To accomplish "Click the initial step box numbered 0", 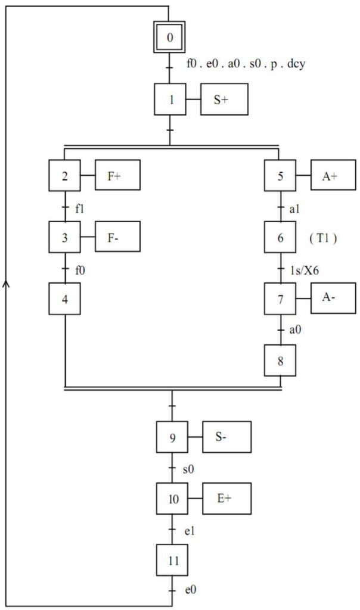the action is [x=169, y=37].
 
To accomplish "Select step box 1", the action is [x=170, y=99].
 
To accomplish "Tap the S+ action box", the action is [x=224, y=99].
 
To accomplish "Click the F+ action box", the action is [x=117, y=175].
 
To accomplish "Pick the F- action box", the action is [x=117, y=236].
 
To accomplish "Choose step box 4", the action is [x=64, y=299].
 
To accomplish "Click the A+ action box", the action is [x=333, y=175].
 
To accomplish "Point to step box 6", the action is [x=280, y=237].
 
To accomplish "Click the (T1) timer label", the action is [x=323, y=238].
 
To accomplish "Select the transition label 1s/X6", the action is [x=304, y=270].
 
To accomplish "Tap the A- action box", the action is [x=333, y=298].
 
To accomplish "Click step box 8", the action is [x=280, y=360].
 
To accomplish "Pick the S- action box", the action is [x=226, y=437].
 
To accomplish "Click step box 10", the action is [x=172, y=499].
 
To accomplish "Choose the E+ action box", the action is [x=226, y=499].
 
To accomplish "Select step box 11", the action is [x=172, y=560].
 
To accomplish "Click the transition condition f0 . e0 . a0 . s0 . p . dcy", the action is [x=246, y=63].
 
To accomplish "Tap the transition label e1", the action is [x=189, y=531].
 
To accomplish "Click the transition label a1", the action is [x=294, y=209].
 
